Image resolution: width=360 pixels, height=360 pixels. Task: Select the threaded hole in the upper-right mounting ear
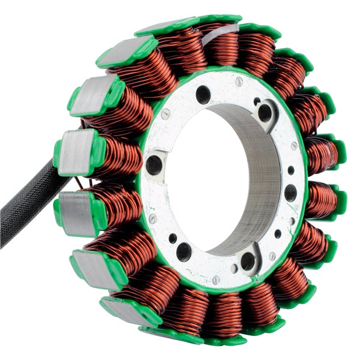[x=265, y=112]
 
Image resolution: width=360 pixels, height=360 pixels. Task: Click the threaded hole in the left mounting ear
[x=154, y=164]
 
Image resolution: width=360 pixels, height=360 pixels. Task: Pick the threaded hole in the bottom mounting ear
[x=247, y=260]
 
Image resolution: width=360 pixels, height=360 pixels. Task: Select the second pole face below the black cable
[x=93, y=268]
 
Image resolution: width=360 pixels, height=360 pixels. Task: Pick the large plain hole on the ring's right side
[x=290, y=193]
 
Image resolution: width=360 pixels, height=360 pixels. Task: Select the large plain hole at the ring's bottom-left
[x=184, y=252]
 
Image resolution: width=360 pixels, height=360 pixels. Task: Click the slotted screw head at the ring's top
[x=239, y=82]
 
